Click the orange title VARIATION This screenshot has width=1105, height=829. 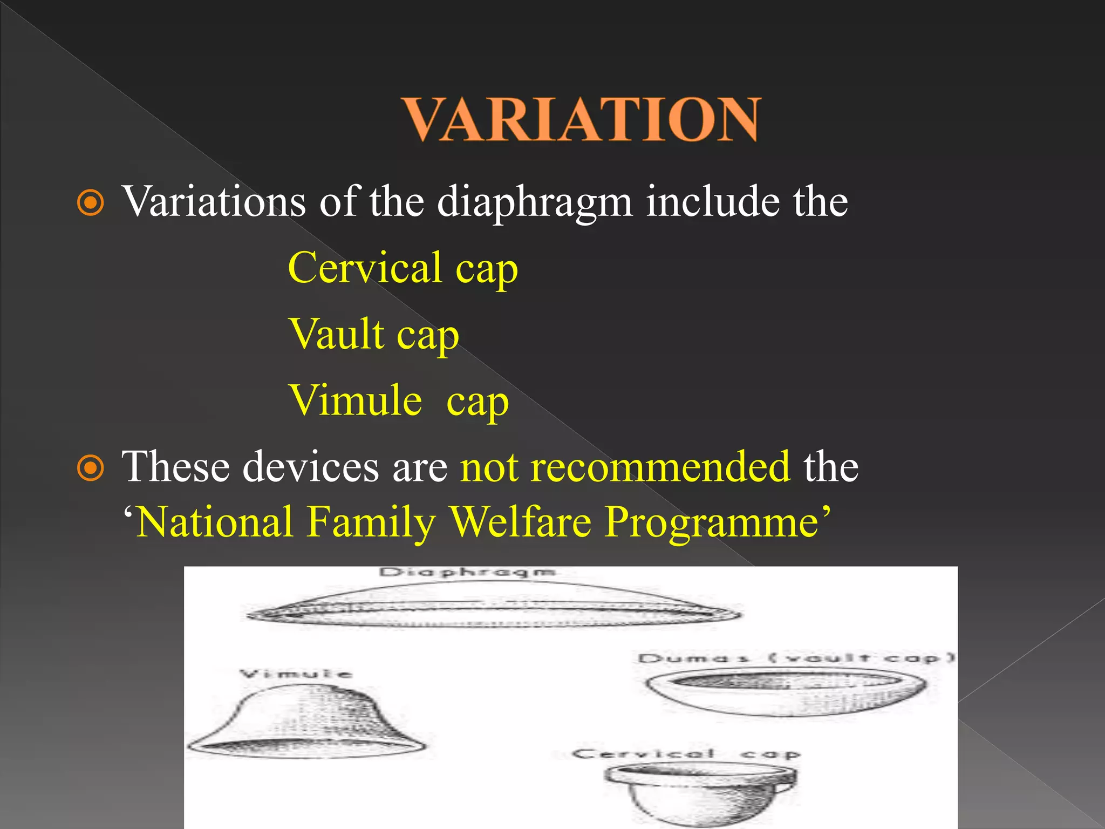582,120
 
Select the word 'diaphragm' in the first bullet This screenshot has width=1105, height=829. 534,203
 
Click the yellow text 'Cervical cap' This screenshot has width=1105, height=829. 403,268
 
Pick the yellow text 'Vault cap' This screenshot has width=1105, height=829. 373,335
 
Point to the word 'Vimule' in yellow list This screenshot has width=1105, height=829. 356,401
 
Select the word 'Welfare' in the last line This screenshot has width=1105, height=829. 520,522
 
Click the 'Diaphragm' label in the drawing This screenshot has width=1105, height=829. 467,572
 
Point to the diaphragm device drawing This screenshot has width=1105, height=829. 494,607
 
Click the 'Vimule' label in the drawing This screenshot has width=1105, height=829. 296,674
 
